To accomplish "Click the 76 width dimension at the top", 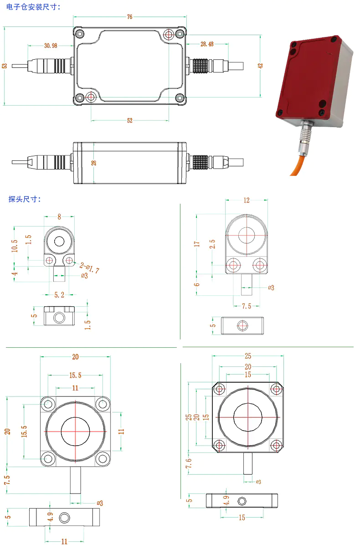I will tap(129, 17).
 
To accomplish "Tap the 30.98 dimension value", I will tap(51, 45).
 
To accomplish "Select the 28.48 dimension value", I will tap(206, 44).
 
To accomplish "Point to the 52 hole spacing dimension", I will tap(129, 120).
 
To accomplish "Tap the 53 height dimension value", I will tap(5, 66).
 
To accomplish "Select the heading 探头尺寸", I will tap(25, 199).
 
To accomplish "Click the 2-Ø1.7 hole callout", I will tap(89, 268).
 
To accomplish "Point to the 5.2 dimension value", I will tap(59, 295).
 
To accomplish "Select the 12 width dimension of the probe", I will tap(247, 200).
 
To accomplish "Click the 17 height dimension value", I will tap(197, 244).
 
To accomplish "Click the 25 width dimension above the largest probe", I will tap(247, 356).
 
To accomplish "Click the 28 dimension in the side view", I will tap(94, 163).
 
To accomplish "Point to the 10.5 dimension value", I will tap(15, 246).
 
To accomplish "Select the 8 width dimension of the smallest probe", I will tap(59, 217).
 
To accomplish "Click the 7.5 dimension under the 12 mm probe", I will tap(246, 306).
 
